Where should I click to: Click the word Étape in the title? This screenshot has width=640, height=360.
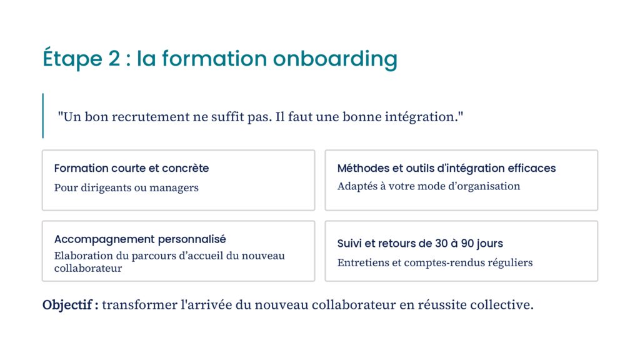tap(72, 57)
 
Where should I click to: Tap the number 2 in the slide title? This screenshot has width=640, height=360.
tap(114, 58)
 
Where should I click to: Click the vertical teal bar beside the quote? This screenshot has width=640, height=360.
tap(43, 116)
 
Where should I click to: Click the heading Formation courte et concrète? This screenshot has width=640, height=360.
tap(131, 168)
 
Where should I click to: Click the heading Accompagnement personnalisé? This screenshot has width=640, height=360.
tap(140, 239)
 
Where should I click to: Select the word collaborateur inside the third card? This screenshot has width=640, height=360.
tap(88, 268)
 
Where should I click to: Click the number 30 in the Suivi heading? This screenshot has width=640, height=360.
tap(441, 244)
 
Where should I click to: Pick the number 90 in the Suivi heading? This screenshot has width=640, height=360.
tap(467, 244)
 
